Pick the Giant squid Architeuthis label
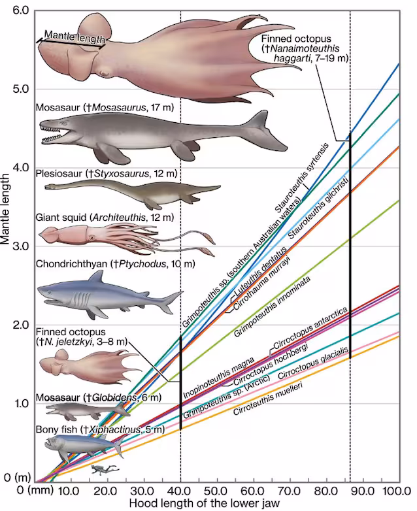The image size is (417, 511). point(105,217)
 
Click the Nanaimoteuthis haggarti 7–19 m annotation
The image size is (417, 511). point(305,49)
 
